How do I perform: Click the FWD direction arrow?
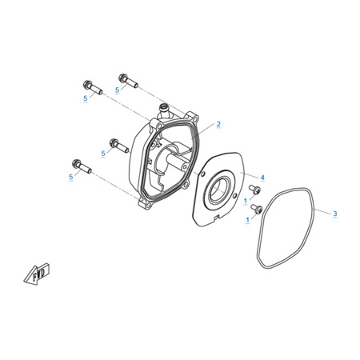(x=37, y=274)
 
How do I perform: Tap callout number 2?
(x=218, y=124)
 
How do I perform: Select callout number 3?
(x=335, y=214)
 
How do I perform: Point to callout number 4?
(x=262, y=178)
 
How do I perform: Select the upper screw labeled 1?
(x=254, y=190)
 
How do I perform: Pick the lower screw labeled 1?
(x=257, y=209)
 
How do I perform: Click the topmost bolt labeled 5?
(x=128, y=81)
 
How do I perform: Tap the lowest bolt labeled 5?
(x=82, y=166)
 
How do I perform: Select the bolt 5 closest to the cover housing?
(x=119, y=146)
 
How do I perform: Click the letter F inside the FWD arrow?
(x=34, y=278)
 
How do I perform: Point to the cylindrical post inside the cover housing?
(x=177, y=162)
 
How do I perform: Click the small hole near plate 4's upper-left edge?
(x=203, y=174)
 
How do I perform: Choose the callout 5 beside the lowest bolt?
(x=70, y=177)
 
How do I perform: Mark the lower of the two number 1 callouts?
(x=248, y=220)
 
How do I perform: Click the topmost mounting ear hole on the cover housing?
(x=194, y=117)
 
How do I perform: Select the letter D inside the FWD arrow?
(x=45, y=271)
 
